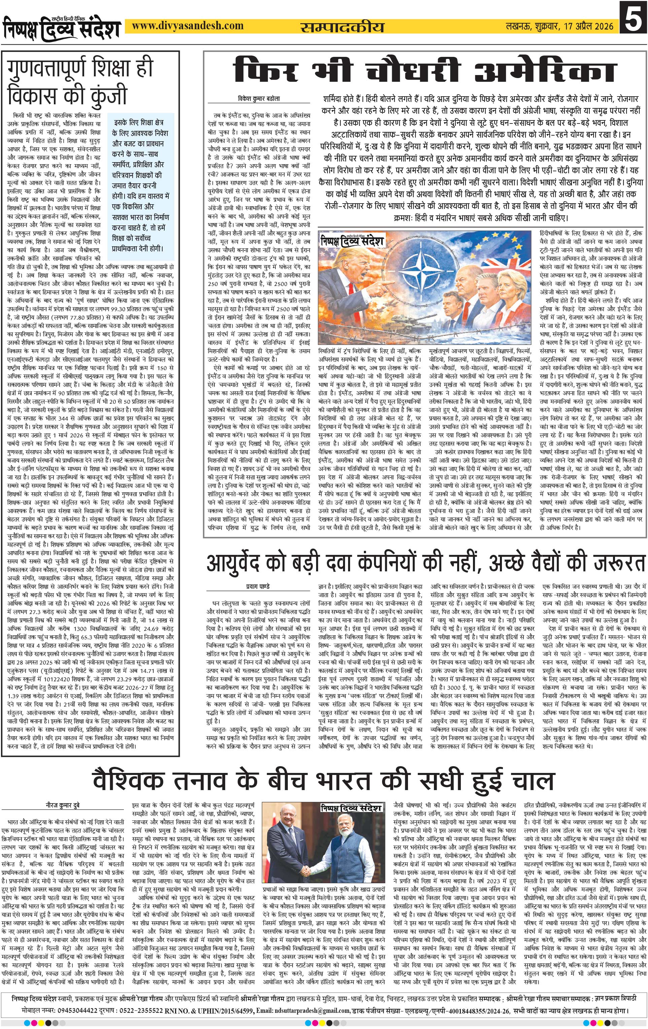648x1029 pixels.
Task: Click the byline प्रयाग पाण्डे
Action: (x=259, y=586)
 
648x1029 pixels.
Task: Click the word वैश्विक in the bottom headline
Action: (x=129, y=781)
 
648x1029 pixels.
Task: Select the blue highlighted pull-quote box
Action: (x=141, y=187)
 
